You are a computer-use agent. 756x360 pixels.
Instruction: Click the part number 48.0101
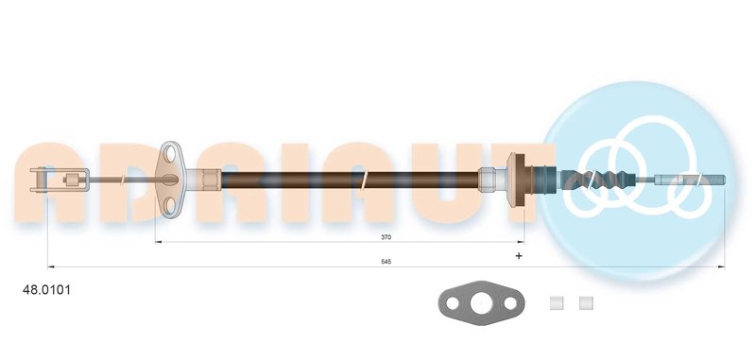pyautogui.click(x=46, y=290)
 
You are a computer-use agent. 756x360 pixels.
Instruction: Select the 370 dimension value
pyautogui.click(x=386, y=237)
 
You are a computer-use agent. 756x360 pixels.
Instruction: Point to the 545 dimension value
pyautogui.click(x=386, y=262)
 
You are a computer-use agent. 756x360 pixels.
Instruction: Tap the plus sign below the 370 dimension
pyautogui.click(x=519, y=255)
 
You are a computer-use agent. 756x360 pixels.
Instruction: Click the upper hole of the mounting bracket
pyautogui.click(x=170, y=154)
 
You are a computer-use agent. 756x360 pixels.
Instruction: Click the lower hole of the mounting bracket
pyautogui.click(x=170, y=206)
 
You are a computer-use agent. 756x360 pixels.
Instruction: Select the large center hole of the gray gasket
pyautogui.click(x=481, y=303)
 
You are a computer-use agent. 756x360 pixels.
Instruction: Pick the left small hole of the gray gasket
pyautogui.click(x=453, y=303)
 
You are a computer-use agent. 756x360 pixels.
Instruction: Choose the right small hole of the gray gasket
pyautogui.click(x=509, y=303)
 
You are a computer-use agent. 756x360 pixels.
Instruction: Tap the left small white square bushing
pyautogui.click(x=557, y=303)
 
